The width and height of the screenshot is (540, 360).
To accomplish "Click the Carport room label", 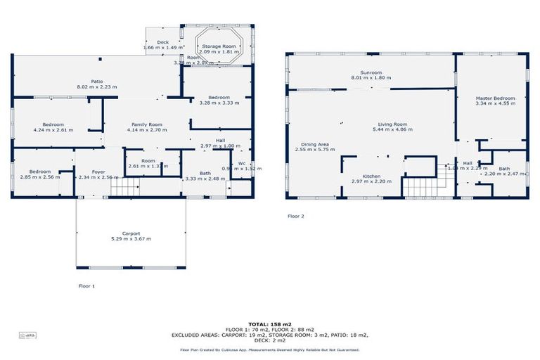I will (131, 233).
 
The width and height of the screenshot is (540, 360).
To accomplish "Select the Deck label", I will (162, 42).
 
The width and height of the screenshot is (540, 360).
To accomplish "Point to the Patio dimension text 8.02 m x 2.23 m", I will (97, 86).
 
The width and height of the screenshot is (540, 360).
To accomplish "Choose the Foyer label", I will (98, 172).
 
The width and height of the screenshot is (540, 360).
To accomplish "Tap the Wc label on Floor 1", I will (241, 163).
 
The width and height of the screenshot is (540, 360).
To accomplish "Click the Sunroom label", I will (371, 72).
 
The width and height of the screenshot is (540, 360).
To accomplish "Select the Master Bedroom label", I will (495, 98).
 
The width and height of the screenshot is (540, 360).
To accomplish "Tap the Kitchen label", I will (371, 176).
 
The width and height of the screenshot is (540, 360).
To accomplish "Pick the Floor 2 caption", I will (296, 217).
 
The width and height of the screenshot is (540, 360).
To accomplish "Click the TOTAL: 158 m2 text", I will (270, 324).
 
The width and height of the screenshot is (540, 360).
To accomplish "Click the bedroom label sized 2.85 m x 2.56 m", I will (39, 172).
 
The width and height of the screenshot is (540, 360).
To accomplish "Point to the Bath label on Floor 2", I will (504, 168).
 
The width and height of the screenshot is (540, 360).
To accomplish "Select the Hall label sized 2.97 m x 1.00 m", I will (220, 140).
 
